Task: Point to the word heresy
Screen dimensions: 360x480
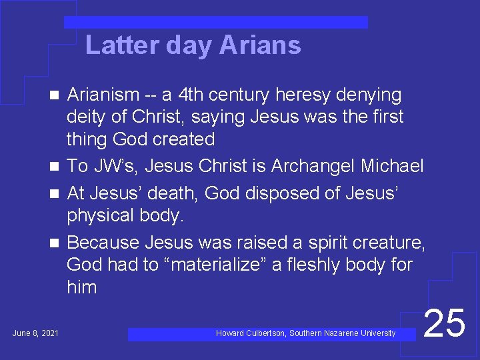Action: [296, 95]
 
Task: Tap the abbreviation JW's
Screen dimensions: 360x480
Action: [110, 165]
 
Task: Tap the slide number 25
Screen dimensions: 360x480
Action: [445, 323]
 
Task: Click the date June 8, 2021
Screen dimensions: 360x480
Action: [35, 333]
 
